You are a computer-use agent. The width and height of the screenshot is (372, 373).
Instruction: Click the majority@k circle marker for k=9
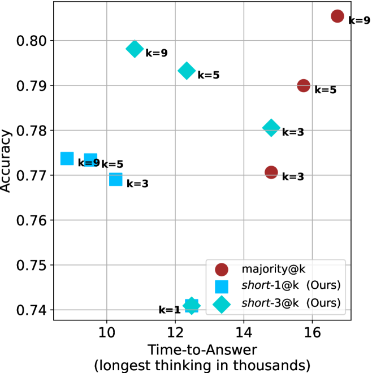point(338,16)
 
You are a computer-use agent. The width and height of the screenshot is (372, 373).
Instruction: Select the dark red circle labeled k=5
point(304,85)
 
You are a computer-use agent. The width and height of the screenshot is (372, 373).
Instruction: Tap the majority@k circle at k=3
point(271,172)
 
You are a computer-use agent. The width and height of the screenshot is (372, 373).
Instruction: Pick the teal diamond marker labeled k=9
point(135,49)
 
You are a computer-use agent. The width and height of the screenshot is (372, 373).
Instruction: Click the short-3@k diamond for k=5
point(187,71)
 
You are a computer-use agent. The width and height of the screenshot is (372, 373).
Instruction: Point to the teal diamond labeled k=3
point(271,128)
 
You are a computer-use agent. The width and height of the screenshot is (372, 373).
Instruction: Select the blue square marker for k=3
point(116,179)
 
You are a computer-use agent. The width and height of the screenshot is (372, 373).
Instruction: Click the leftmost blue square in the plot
point(67,158)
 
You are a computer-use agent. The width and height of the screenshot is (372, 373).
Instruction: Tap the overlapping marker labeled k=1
point(192,306)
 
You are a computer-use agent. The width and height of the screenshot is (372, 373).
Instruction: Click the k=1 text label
point(169,310)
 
